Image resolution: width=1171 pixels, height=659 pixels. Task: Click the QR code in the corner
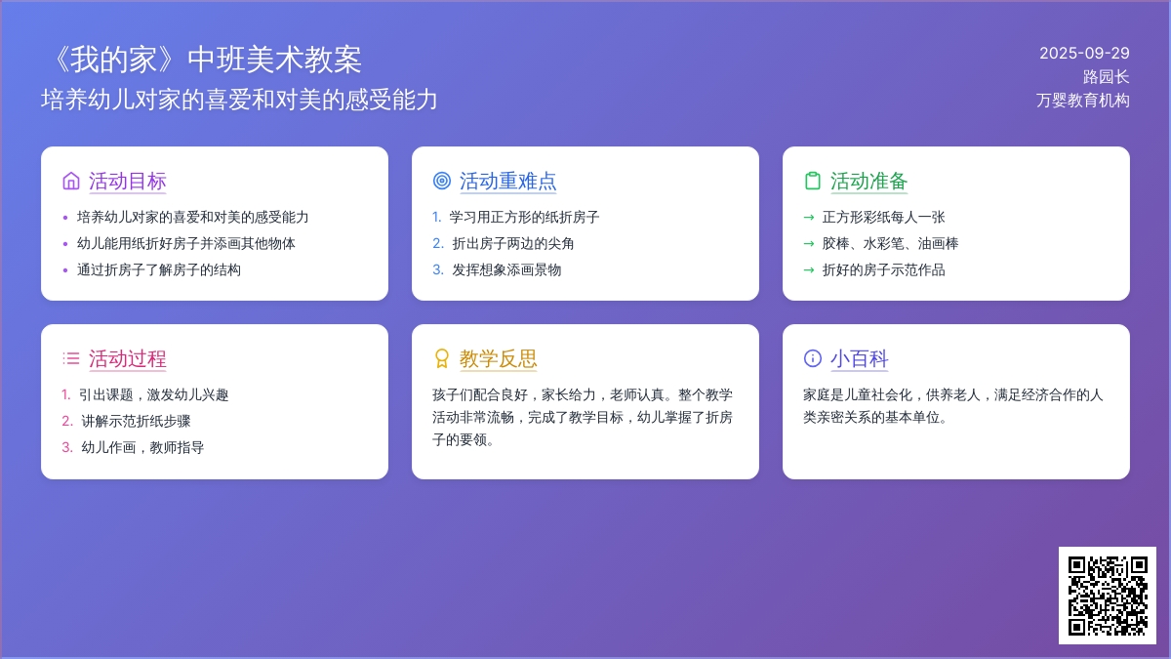(x=1108, y=596)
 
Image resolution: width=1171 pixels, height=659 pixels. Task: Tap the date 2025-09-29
(x=1084, y=54)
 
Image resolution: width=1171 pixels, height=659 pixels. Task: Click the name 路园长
(x=1107, y=77)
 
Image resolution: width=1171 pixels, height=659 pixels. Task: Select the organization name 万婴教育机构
(x=1082, y=101)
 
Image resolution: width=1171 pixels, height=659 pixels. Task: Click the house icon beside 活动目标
(x=71, y=181)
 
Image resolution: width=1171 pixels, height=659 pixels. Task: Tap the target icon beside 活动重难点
(x=442, y=181)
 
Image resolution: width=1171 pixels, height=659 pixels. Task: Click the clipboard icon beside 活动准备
(x=812, y=181)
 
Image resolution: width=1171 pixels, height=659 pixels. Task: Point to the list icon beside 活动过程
(x=71, y=359)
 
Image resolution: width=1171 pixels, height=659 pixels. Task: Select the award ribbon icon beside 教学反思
(x=442, y=359)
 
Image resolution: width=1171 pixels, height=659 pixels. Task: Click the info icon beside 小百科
(x=812, y=359)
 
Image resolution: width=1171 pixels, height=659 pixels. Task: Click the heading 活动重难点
(x=508, y=182)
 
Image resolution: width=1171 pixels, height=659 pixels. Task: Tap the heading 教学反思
(x=499, y=359)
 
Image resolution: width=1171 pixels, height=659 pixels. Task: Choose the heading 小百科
(x=860, y=359)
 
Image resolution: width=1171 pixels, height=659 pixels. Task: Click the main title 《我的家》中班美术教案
(x=206, y=60)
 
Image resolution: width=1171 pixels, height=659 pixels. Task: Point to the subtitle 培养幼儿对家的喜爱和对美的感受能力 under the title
(x=239, y=100)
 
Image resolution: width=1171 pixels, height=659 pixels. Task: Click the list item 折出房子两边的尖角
(x=513, y=244)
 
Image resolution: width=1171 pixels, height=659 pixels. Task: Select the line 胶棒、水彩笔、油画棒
(x=890, y=244)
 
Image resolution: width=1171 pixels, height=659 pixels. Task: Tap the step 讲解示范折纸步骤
(x=136, y=422)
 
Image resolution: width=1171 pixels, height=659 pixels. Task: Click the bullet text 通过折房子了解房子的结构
(x=159, y=269)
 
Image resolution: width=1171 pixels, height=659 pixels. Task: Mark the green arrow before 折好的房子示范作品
(x=809, y=269)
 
